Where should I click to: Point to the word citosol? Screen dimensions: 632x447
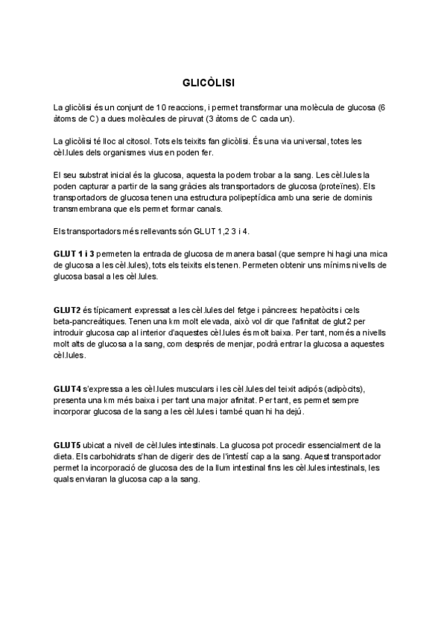[x=149, y=141]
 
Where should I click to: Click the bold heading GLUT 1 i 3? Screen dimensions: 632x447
[x=74, y=253]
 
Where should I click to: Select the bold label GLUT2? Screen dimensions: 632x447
[x=67, y=309]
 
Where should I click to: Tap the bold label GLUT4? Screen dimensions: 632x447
[x=67, y=389]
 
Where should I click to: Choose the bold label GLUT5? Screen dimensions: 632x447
[x=67, y=445]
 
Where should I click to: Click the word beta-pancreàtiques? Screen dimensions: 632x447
[x=88, y=320]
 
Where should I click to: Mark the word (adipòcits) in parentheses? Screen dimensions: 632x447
[x=349, y=389]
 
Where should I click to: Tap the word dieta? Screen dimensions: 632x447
[x=65, y=456]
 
